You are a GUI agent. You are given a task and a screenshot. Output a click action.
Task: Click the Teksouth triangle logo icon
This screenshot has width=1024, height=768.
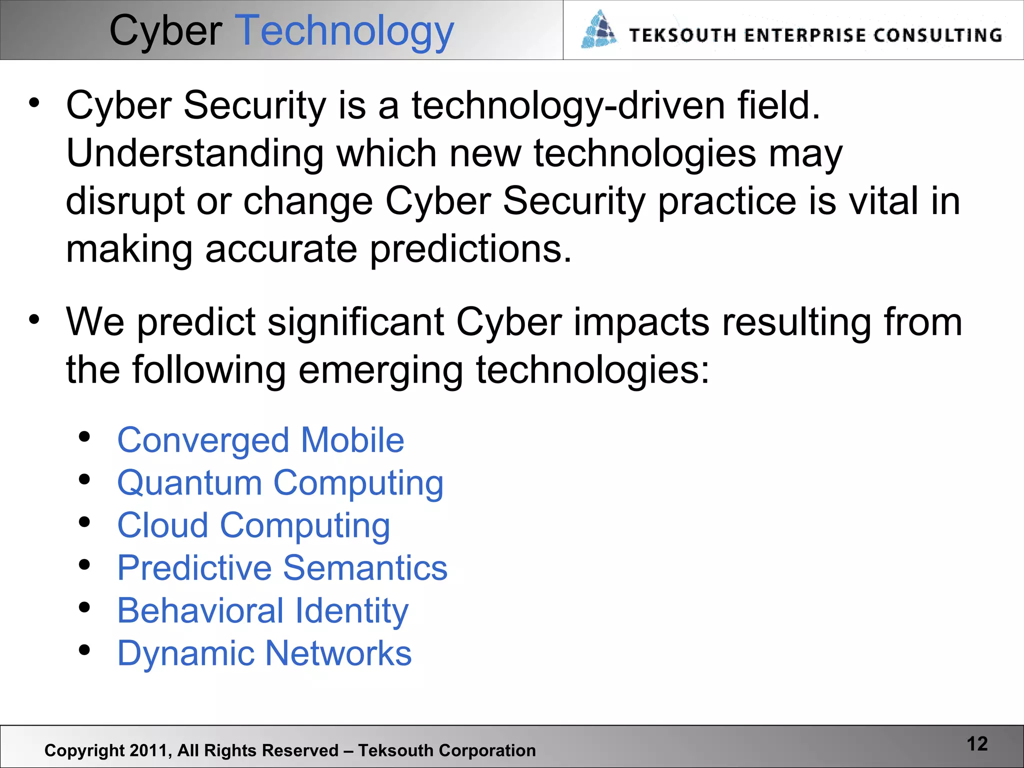(599, 30)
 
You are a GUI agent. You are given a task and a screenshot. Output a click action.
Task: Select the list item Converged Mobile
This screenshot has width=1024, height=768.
(260, 440)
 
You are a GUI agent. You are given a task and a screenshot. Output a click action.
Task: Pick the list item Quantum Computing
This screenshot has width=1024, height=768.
(280, 483)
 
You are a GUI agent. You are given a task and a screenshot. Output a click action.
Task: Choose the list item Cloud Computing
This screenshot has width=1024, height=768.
(253, 526)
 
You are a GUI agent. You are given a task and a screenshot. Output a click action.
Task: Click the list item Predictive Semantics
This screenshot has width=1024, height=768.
(282, 568)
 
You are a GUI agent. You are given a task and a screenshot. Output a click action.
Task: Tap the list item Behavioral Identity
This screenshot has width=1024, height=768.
(262, 611)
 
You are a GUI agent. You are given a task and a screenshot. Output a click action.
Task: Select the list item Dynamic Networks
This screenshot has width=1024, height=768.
(264, 653)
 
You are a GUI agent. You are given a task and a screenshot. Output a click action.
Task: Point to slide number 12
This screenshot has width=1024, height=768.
(977, 744)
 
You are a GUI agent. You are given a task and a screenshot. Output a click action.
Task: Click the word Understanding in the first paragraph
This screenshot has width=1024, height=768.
(195, 153)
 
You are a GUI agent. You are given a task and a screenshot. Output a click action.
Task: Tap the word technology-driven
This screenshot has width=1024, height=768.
(568, 106)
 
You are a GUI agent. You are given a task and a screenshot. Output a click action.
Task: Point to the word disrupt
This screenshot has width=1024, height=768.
(125, 201)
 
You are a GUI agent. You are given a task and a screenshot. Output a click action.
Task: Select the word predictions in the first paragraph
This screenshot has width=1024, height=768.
(470, 249)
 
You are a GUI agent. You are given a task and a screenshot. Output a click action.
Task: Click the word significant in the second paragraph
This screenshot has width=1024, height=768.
(355, 322)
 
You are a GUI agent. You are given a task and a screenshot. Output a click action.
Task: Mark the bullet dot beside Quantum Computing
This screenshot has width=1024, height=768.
(84, 480)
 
